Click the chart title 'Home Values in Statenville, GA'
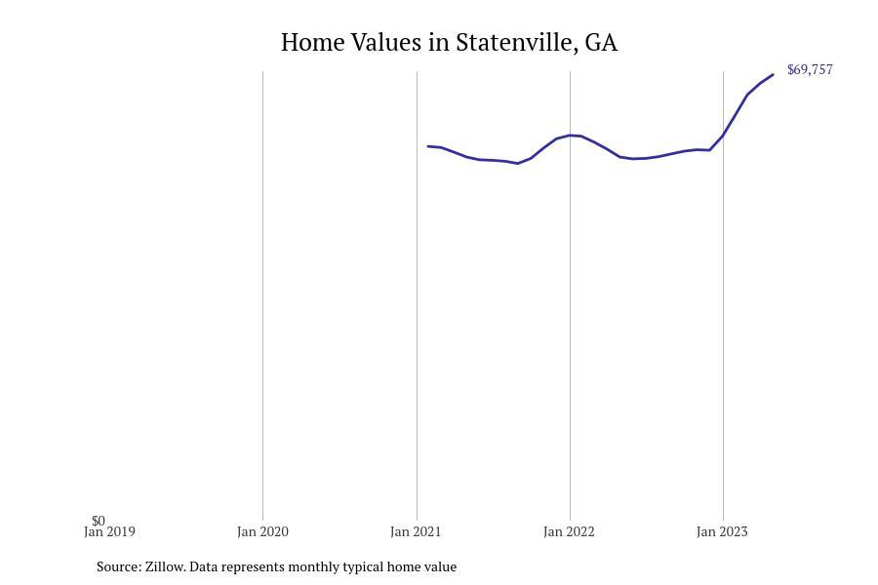[x=449, y=43]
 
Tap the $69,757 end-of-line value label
[x=810, y=70]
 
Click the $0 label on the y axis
[x=99, y=521]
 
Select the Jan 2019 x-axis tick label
[x=109, y=532]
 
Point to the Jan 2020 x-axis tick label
[x=262, y=532]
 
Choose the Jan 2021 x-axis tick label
[x=416, y=532]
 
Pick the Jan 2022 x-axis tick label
[x=569, y=532]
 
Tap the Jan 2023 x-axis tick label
[x=722, y=532]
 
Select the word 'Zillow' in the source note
[x=164, y=566]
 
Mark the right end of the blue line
[x=773, y=75]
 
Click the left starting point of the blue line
[x=428, y=146]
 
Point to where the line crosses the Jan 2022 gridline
[x=570, y=136]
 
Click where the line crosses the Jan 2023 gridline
[x=723, y=135]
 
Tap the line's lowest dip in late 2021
[x=518, y=163]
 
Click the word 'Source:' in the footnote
[x=119, y=566]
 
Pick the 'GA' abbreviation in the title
[x=601, y=43]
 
